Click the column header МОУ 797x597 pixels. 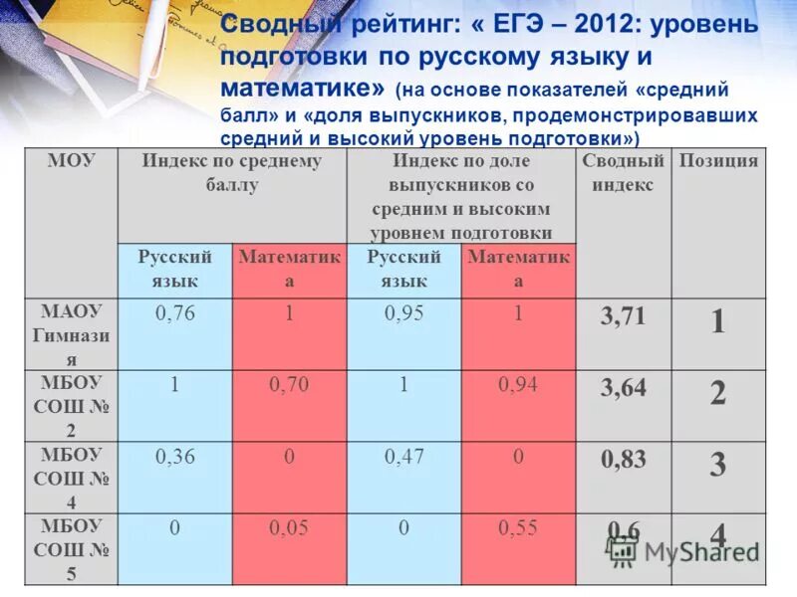click(x=71, y=161)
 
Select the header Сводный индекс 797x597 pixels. click(x=623, y=172)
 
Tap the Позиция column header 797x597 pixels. click(x=717, y=161)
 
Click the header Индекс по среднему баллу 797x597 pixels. click(x=231, y=172)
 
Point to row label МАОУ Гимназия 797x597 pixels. click(x=71, y=335)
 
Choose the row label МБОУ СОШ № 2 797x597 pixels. click(x=71, y=406)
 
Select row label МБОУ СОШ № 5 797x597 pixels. click(x=71, y=548)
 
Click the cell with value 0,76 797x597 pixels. click(x=175, y=313)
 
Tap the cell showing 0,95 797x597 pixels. click(x=404, y=313)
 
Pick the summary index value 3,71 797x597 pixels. click(x=623, y=317)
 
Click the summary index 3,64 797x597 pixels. click(x=623, y=388)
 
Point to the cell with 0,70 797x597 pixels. click(x=289, y=385)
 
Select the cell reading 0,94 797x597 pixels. click(x=518, y=385)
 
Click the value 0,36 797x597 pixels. click(x=175, y=457)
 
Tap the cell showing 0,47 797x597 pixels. click(x=404, y=457)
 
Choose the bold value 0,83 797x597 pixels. click(x=623, y=460)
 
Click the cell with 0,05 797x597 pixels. click(x=289, y=528)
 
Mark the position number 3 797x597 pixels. click(x=717, y=465)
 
